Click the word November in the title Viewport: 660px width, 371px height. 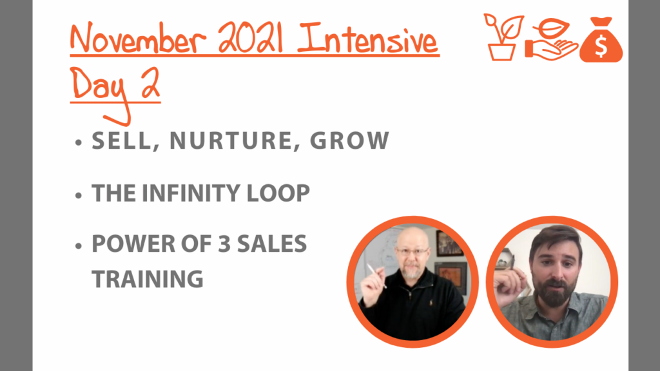[138, 39]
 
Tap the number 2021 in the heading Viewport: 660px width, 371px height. [251, 37]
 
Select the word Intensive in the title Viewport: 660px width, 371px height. [367, 39]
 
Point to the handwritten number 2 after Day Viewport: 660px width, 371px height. [150, 83]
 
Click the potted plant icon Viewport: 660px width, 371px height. [503, 37]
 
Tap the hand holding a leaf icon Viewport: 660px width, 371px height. [552, 40]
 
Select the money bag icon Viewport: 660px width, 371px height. [601, 40]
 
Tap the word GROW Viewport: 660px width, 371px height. [349, 140]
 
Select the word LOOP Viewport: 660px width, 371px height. [278, 193]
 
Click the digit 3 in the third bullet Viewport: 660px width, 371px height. [224, 244]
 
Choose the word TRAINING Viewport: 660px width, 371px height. [148, 279]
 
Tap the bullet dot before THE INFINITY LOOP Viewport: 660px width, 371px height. [78, 195]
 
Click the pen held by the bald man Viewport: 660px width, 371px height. [376, 276]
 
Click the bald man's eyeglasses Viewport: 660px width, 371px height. [412, 252]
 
